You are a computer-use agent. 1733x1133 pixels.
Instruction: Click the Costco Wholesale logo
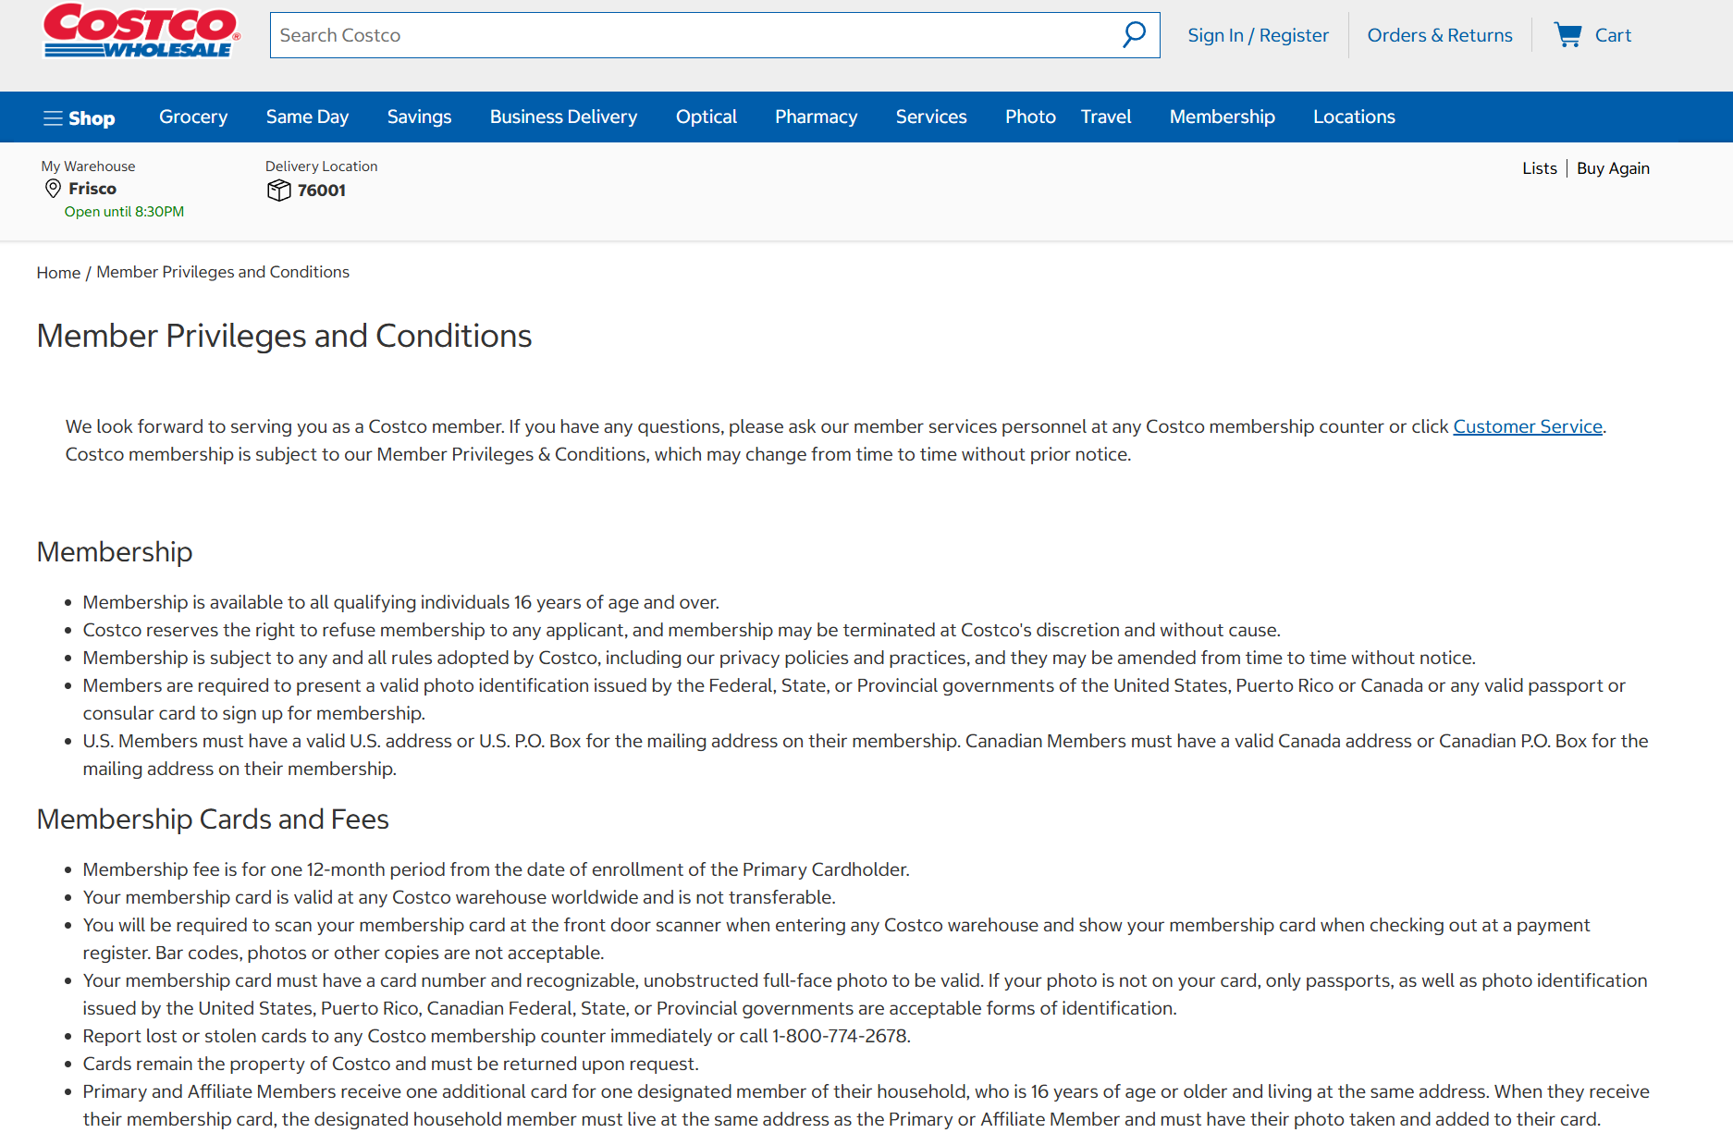[141, 31]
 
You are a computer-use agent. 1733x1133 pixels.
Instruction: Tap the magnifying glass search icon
[1134, 35]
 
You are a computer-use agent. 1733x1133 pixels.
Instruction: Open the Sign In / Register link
[1258, 35]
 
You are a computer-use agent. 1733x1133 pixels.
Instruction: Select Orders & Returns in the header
[1439, 35]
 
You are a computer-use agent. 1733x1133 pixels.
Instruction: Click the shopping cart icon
[1567, 35]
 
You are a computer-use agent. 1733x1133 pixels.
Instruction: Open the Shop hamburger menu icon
[53, 118]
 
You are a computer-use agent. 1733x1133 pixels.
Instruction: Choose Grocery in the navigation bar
[193, 117]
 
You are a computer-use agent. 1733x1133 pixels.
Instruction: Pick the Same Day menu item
[307, 117]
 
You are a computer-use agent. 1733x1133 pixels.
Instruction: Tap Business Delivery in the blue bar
[563, 117]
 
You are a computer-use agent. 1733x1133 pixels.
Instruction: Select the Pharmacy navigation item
[816, 117]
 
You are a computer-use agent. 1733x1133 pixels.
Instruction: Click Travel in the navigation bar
[1106, 117]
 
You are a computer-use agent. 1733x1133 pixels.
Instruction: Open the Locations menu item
[1354, 117]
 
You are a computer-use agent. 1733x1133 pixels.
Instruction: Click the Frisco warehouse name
[92, 189]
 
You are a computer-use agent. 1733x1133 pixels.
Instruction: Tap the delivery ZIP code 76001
[321, 191]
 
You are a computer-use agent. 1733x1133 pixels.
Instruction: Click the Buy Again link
[1613, 168]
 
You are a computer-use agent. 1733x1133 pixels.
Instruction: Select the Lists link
[1540, 168]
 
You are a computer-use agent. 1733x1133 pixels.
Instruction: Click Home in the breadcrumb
[58, 273]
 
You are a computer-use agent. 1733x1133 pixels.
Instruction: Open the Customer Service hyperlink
[1527, 426]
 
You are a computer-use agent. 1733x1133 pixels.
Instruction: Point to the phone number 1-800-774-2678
[840, 1036]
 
